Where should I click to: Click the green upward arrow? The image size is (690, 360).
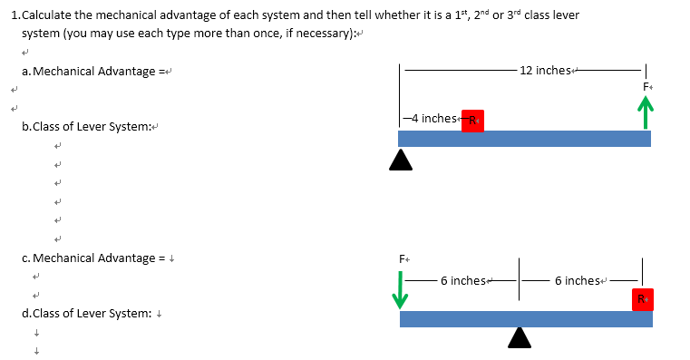(646, 114)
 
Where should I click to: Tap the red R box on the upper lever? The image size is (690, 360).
(472, 121)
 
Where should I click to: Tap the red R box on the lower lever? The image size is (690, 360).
(642, 298)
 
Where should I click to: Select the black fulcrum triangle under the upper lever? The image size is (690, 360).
(400, 160)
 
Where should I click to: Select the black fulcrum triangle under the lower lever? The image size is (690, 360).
(520, 337)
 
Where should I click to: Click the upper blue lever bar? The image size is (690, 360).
(524, 138)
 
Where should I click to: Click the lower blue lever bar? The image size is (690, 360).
(526, 318)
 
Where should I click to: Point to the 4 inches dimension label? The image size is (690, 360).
(432, 119)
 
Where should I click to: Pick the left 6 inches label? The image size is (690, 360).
(465, 280)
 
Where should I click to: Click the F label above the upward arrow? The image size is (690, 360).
(646, 85)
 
